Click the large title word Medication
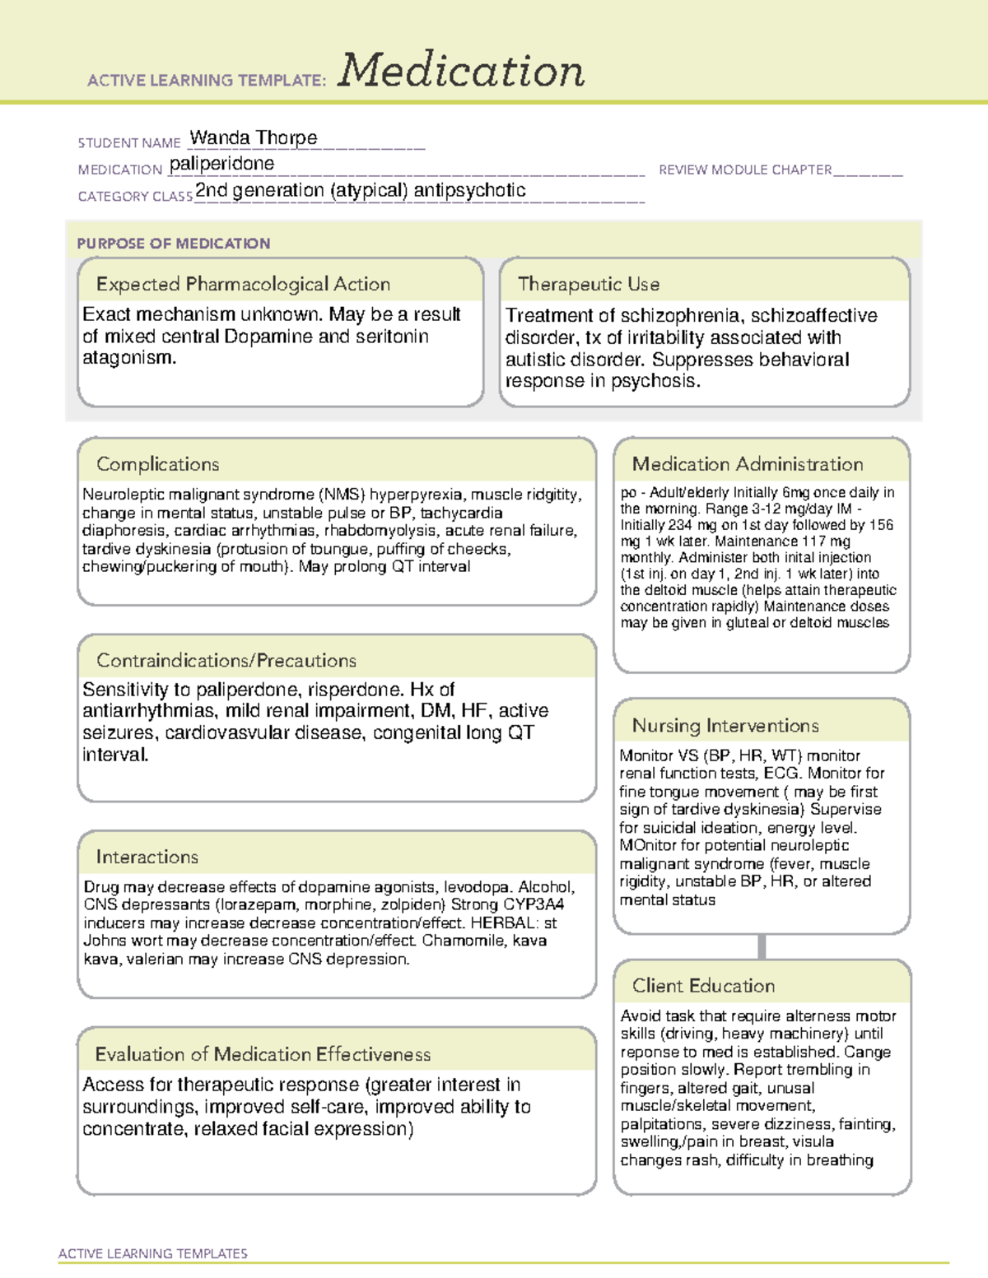[461, 71]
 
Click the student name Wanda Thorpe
[254, 137]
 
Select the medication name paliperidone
[221, 164]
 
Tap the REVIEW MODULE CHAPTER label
[745, 170]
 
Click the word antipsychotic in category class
[469, 190]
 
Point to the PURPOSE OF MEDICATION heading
[174, 244]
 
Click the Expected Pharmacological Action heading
[243, 284]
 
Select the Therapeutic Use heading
[589, 284]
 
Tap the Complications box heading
[158, 464]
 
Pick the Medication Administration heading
[748, 464]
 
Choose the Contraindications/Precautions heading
[226, 660]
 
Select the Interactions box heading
[147, 857]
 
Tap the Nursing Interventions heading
[725, 725]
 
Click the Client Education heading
[703, 986]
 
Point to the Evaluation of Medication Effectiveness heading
[263, 1054]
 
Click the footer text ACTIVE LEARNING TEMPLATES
[153, 1253]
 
